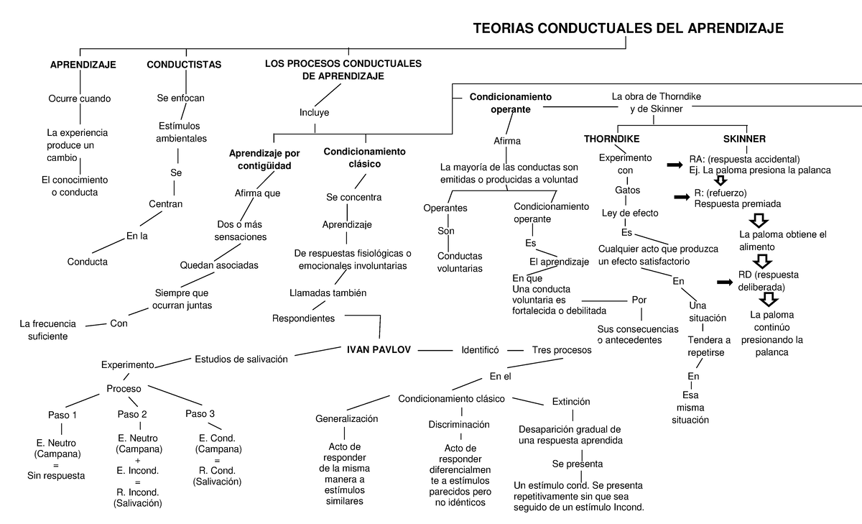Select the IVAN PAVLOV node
(x=379, y=349)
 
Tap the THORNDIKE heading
(x=611, y=139)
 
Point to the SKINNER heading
(x=744, y=139)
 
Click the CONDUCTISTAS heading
(x=184, y=65)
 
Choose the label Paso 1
(x=62, y=415)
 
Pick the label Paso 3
(x=200, y=413)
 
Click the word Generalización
(x=346, y=418)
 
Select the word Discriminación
(x=460, y=425)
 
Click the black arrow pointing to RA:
(x=675, y=165)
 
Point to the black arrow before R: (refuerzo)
(x=680, y=195)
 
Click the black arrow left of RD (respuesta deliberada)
(x=725, y=282)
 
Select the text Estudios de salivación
(x=241, y=359)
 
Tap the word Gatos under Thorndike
(x=627, y=190)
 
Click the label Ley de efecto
(x=629, y=213)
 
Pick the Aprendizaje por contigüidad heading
(x=264, y=160)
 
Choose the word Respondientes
(x=303, y=318)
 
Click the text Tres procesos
(x=562, y=350)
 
